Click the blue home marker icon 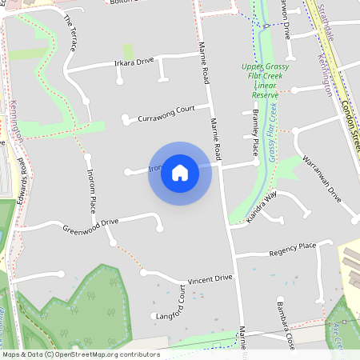pyautogui.click(x=180, y=173)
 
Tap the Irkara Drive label pyautogui.click(x=134, y=62)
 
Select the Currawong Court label pyautogui.click(x=166, y=114)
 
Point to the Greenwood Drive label pyautogui.click(x=90, y=226)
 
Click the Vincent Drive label pyautogui.click(x=210, y=279)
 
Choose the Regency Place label pyautogui.click(x=294, y=250)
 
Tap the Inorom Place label pyautogui.click(x=91, y=195)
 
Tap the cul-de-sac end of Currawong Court pyautogui.click(x=125, y=121)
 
